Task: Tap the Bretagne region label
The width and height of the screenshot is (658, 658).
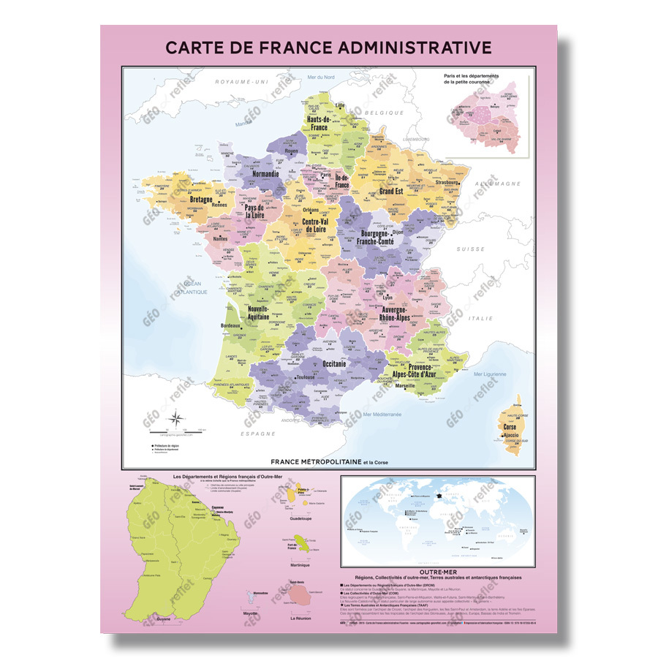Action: [202, 199]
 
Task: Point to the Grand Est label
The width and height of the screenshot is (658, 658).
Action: [391, 192]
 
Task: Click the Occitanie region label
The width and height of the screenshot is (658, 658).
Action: [328, 363]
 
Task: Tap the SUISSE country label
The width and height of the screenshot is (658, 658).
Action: [471, 249]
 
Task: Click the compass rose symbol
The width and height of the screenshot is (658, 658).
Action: [176, 419]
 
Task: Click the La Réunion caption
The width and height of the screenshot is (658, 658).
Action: [300, 619]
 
